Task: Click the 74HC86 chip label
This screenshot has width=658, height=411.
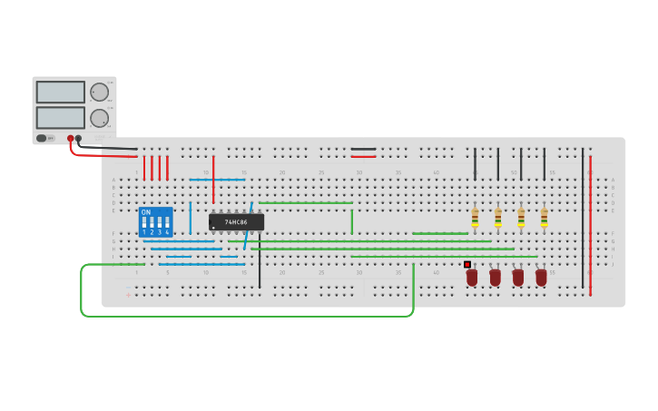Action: tap(236, 222)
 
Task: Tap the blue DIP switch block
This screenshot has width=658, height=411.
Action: tap(155, 222)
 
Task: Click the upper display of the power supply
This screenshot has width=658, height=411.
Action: tap(61, 92)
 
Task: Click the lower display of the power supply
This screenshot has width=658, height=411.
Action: tap(61, 118)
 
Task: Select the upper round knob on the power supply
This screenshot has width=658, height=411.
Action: tap(99, 92)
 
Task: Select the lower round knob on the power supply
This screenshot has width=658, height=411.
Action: tap(99, 118)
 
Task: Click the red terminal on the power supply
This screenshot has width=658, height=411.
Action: tap(71, 139)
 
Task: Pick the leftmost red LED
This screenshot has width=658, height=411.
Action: tap(472, 277)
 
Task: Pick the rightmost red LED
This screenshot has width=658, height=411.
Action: tap(541, 277)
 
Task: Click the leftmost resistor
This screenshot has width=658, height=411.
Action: tap(475, 217)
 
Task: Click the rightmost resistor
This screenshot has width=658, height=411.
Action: tap(544, 217)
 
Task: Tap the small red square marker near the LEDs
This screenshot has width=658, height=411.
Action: tap(467, 264)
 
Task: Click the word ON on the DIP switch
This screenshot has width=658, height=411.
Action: tap(146, 212)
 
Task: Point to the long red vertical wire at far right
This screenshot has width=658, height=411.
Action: tap(590, 227)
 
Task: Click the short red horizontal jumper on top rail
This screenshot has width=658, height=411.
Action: tap(363, 156)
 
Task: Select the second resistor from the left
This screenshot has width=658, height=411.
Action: tap(497, 217)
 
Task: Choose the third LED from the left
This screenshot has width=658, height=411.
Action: tap(517, 277)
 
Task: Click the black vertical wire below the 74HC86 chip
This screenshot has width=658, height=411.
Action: tap(260, 263)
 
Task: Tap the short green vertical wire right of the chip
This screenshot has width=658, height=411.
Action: tap(352, 221)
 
